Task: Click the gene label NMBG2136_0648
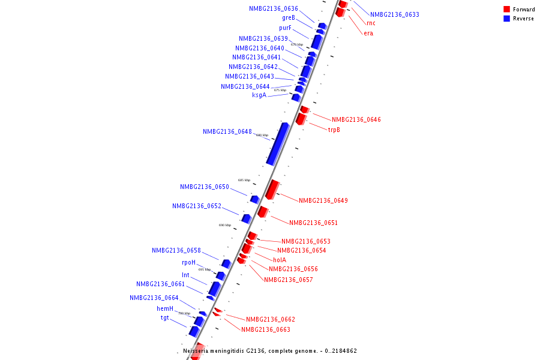pos(227,131)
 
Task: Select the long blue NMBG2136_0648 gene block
pos(277,143)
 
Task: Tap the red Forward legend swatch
pos(507,10)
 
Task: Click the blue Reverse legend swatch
pos(507,19)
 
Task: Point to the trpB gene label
pos(334,130)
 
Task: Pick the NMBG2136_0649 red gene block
pos(272,189)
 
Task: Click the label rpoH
pos(188,263)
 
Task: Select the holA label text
pos(280,260)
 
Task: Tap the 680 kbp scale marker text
pos(262,136)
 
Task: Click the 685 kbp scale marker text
pos(244,180)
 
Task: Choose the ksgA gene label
pos(259,95)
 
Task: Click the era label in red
pos(368,33)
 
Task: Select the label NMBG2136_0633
pos(395,14)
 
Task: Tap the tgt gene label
pos(164,318)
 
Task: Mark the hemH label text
pos(165,308)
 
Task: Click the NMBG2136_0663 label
pos(266,329)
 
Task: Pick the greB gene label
pos(289,18)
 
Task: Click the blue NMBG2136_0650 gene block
pos(255,199)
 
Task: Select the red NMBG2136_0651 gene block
pos(262,211)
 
